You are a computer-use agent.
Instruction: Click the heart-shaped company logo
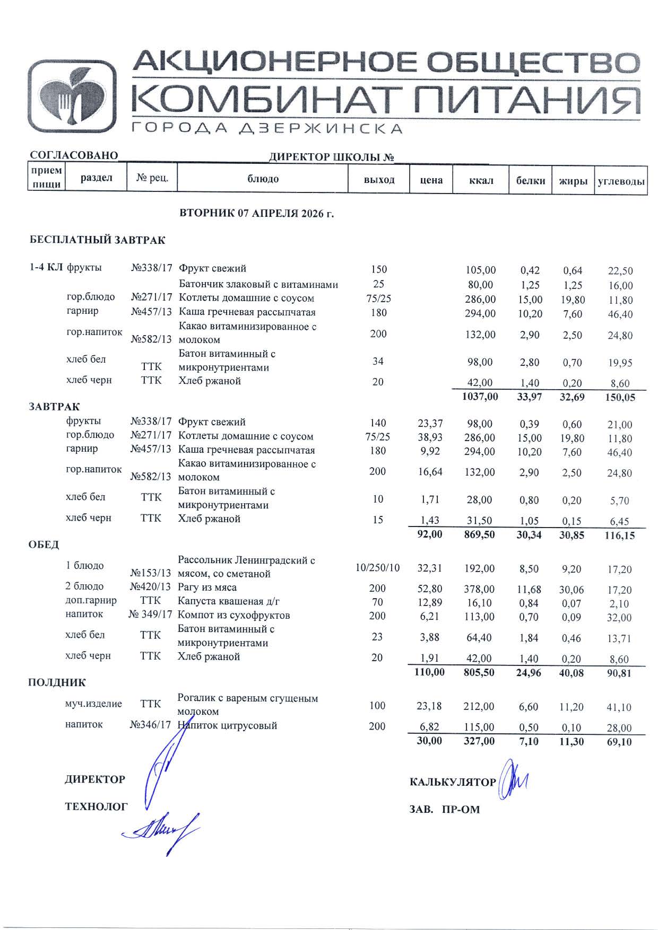point(72,96)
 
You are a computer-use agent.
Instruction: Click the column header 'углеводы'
point(621,181)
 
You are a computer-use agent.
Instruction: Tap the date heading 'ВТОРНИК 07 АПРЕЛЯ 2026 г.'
point(257,214)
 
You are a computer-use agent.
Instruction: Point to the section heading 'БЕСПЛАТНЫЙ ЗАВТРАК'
point(97,240)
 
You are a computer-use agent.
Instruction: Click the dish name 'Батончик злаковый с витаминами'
point(258,285)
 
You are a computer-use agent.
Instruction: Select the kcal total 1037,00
point(480,396)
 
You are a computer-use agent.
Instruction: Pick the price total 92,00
point(429,534)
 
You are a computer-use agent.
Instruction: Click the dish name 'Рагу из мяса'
point(207,587)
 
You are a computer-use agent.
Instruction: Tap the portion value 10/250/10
point(377,568)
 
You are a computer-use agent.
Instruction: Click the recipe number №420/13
point(151,587)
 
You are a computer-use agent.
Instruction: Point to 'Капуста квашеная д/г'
point(229,601)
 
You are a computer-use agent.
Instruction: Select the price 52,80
point(430,589)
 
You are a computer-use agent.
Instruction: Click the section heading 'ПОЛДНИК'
point(57,682)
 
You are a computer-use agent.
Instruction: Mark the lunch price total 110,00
point(429,672)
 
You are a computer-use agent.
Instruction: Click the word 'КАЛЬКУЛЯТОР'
point(453,782)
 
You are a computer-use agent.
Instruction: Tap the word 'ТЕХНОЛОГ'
point(96,806)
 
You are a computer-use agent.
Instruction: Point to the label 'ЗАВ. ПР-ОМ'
point(444,810)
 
